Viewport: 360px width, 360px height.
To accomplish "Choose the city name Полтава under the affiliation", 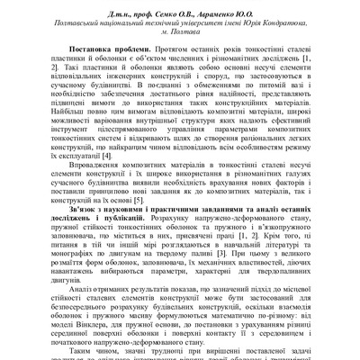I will click(x=184, y=33).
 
